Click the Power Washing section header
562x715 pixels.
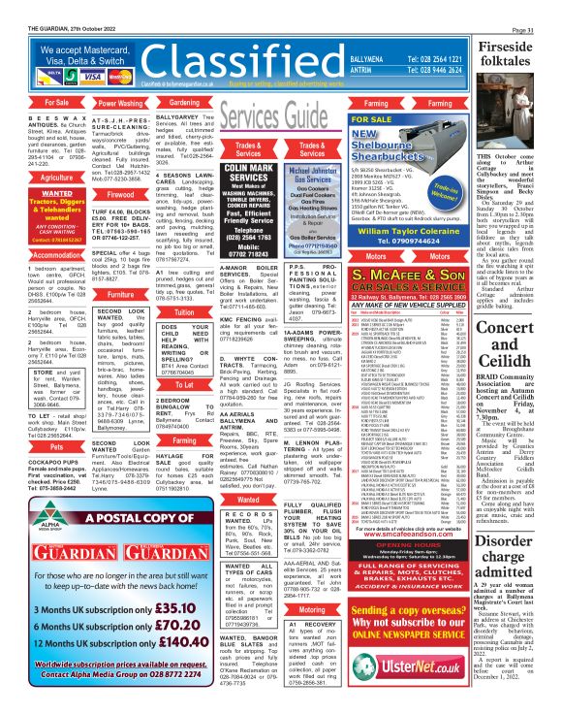click(x=119, y=102)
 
